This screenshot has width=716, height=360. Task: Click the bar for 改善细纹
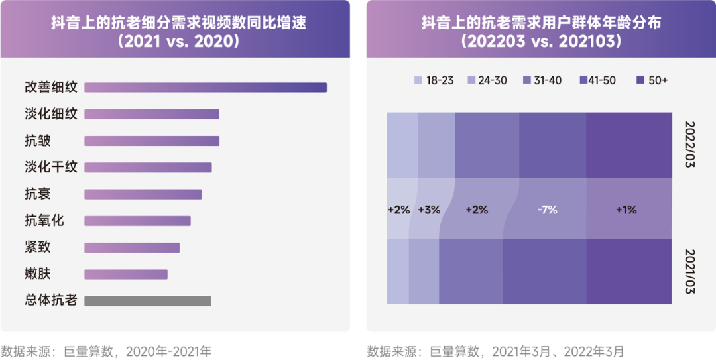pyautogui.click(x=206, y=88)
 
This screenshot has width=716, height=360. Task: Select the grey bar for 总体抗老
pyautogui.click(x=147, y=301)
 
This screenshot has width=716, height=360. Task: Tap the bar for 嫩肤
pyautogui.click(x=126, y=274)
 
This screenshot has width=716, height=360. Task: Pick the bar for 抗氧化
pyautogui.click(x=137, y=221)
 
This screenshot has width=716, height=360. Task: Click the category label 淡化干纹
pyautogui.click(x=51, y=167)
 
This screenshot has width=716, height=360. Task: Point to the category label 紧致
pyautogui.click(x=38, y=247)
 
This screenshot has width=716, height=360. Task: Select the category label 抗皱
pyautogui.click(x=38, y=141)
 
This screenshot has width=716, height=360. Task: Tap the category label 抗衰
pyautogui.click(x=38, y=194)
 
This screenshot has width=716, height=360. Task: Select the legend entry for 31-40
pyautogui.click(x=542, y=80)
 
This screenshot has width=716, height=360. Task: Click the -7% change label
pyautogui.click(x=547, y=210)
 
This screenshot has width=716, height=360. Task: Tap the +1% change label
pyautogui.click(x=626, y=210)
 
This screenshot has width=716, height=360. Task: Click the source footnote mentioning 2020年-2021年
pyautogui.click(x=105, y=351)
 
